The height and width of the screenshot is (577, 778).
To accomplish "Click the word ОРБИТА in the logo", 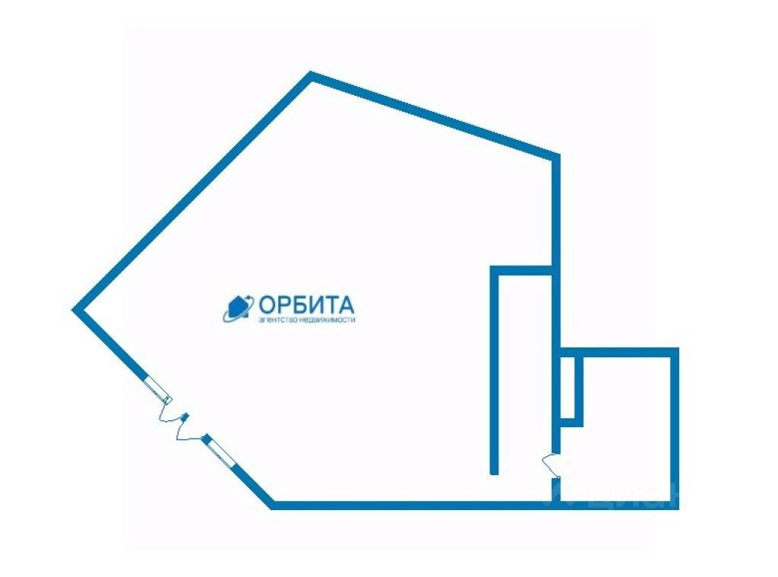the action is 306,305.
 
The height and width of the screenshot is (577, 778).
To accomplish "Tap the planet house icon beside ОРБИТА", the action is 238,308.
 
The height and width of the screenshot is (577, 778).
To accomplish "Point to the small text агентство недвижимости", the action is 307,320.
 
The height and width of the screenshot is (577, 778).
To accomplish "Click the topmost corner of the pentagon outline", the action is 312,75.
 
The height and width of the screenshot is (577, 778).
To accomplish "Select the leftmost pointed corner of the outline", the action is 75,309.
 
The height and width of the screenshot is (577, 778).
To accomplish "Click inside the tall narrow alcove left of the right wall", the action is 524,373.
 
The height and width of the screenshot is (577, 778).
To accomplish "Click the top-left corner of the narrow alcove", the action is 495,270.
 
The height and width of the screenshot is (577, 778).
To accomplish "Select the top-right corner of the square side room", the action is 674,352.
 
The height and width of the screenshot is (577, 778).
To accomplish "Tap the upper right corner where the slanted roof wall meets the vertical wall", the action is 555,157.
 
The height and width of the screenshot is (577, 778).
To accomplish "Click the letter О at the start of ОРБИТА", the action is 267,305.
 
